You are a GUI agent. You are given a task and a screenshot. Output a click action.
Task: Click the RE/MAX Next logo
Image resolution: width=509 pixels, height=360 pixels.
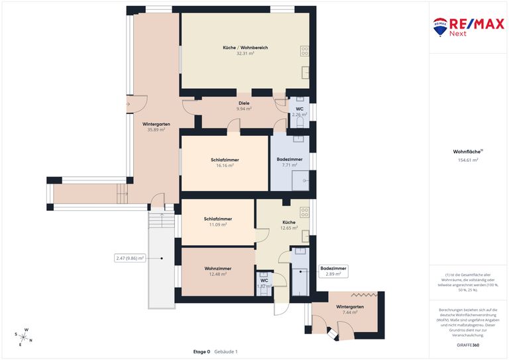(468, 27)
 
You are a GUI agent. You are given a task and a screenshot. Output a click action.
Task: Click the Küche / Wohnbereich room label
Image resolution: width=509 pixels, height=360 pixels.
(245, 48)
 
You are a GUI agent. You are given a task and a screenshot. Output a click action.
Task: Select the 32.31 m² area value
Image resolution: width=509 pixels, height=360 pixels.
(245, 53)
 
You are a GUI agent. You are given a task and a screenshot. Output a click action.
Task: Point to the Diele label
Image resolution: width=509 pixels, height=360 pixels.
(244, 103)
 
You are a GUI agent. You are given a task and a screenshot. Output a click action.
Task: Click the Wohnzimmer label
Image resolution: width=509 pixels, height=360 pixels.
(217, 269)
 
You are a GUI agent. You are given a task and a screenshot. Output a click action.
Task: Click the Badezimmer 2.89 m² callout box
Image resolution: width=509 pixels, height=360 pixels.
(333, 270)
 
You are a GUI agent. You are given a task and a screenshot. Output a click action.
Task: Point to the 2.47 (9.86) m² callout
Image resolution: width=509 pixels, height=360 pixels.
(130, 258)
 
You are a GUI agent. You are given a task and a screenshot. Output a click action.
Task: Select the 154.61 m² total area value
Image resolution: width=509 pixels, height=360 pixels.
(468, 160)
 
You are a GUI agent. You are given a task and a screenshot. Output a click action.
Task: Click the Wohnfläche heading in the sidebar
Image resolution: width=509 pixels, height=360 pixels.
(467, 151)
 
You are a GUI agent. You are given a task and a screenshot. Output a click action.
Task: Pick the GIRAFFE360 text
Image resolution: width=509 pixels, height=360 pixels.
(468, 345)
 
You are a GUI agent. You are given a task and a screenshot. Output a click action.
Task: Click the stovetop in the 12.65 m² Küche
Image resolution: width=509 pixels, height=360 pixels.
(305, 212)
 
